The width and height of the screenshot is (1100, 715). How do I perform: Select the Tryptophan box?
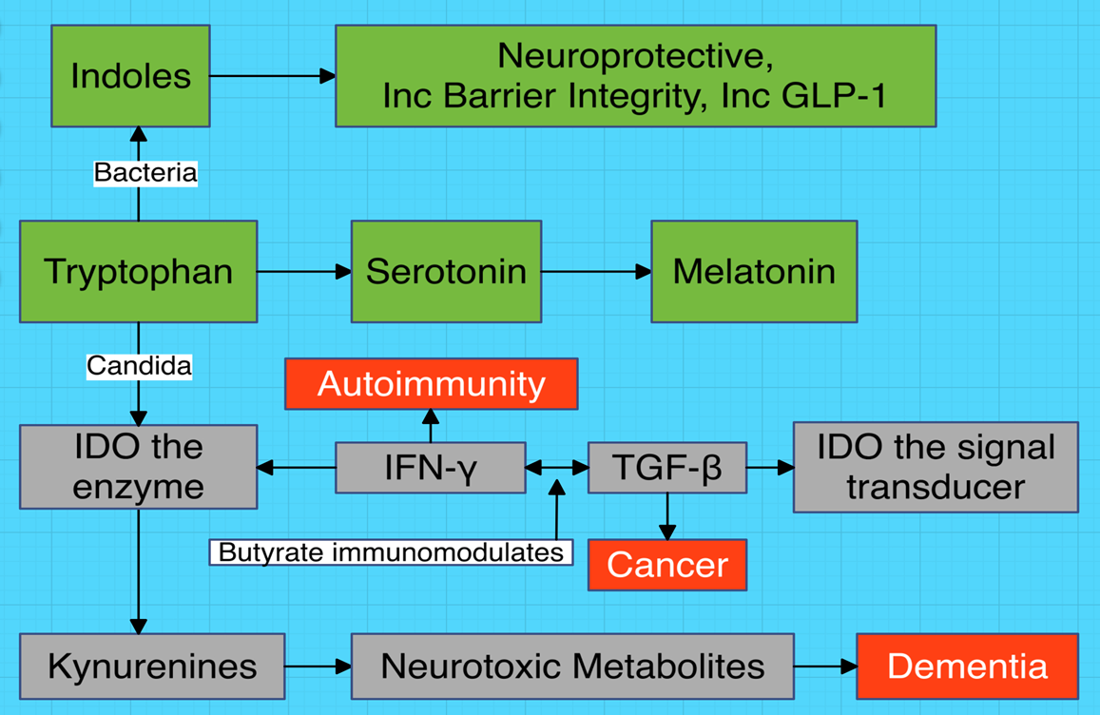[x=138, y=272]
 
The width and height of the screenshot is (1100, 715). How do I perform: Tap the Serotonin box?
[x=446, y=272]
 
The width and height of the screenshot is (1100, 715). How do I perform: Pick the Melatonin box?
[x=754, y=272]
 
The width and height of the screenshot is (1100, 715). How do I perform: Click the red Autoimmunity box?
[x=431, y=384]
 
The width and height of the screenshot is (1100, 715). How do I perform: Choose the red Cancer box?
[x=667, y=565]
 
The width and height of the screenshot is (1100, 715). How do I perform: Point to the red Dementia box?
[x=967, y=666]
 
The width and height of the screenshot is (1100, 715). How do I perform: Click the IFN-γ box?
[x=430, y=467]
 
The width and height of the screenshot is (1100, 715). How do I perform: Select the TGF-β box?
[x=667, y=467]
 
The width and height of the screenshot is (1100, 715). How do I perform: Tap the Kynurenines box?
[x=152, y=666]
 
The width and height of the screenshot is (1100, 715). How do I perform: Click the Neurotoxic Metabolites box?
[x=572, y=666]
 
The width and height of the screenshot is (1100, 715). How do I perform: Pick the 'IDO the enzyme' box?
[x=138, y=467]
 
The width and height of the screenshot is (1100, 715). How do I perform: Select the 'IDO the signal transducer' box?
[x=936, y=467]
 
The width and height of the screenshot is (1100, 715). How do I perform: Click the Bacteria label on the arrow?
[x=145, y=173]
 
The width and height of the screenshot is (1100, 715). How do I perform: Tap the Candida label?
[x=139, y=366]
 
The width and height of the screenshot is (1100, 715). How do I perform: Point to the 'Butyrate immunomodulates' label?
[x=391, y=551]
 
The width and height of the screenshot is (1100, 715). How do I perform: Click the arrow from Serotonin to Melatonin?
[x=596, y=272]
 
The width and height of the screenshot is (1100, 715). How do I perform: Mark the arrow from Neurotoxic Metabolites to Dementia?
[x=825, y=666]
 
